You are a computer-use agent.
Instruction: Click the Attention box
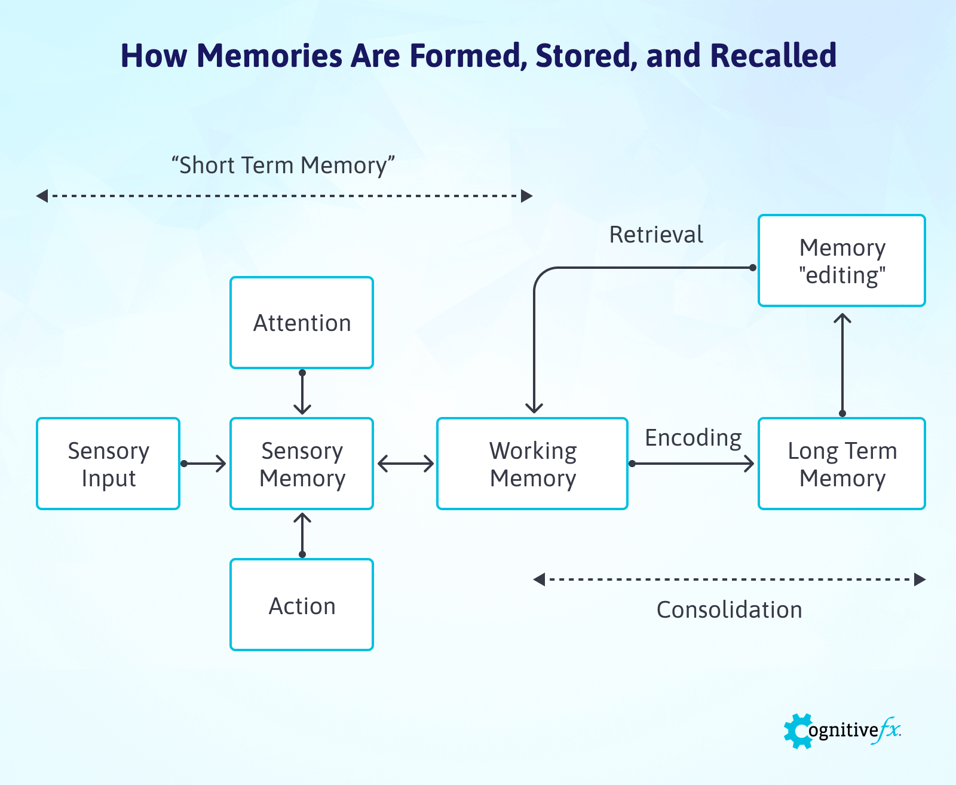pos(302,323)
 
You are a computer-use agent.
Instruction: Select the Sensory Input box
pos(108,464)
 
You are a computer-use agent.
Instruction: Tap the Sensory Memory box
pos(302,464)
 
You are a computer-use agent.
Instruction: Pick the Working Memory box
pos(532,464)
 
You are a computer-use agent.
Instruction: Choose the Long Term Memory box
pos(842,464)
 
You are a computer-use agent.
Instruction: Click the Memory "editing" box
pos(842,260)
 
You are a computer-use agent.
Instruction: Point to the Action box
pos(302,605)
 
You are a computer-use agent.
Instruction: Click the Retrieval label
pos(656,235)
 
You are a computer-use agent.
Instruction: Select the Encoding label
pos(693,438)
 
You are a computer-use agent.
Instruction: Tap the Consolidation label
pos(729,610)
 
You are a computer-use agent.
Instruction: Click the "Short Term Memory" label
pos(283,165)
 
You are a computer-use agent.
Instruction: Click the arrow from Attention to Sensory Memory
pos(302,392)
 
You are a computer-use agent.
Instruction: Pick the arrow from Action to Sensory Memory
pos(302,534)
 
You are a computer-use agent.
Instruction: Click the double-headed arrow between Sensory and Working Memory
pos(406,464)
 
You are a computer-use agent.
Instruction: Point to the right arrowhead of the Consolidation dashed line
pos(920,579)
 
